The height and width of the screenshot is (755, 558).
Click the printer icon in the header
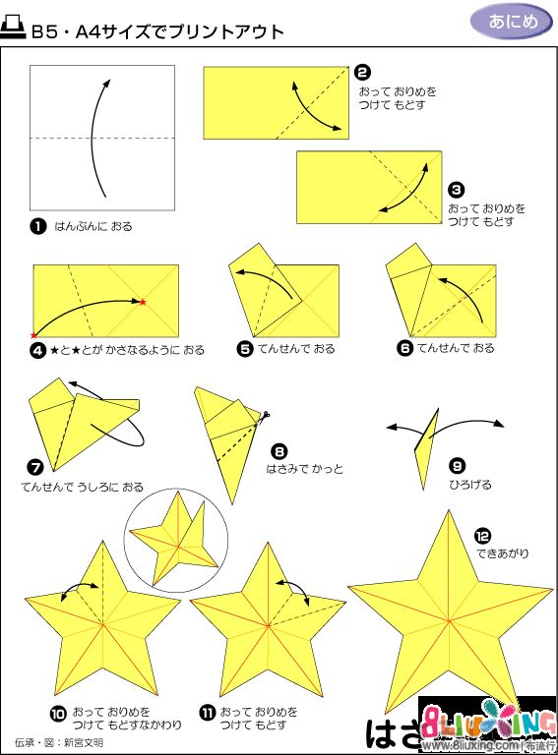coord(17,29)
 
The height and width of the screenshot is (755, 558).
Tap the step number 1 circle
coord(38,226)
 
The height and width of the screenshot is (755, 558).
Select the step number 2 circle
coord(362,72)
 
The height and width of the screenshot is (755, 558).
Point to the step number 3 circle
coord(456,189)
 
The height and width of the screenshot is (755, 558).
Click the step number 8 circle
coord(279,451)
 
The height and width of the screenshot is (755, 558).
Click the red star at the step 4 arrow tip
coord(143,301)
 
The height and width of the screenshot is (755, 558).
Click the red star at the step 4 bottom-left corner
coord(34,335)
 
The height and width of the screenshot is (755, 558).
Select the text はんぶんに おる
coord(93,227)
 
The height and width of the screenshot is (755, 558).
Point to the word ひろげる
coord(470,485)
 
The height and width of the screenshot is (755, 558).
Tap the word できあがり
coord(503,553)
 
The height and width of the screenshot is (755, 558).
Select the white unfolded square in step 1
coord(102,138)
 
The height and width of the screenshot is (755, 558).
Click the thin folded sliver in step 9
coord(427,447)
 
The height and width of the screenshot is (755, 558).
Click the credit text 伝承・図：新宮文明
coord(59,742)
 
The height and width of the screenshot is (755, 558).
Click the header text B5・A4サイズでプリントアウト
coord(157,31)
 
